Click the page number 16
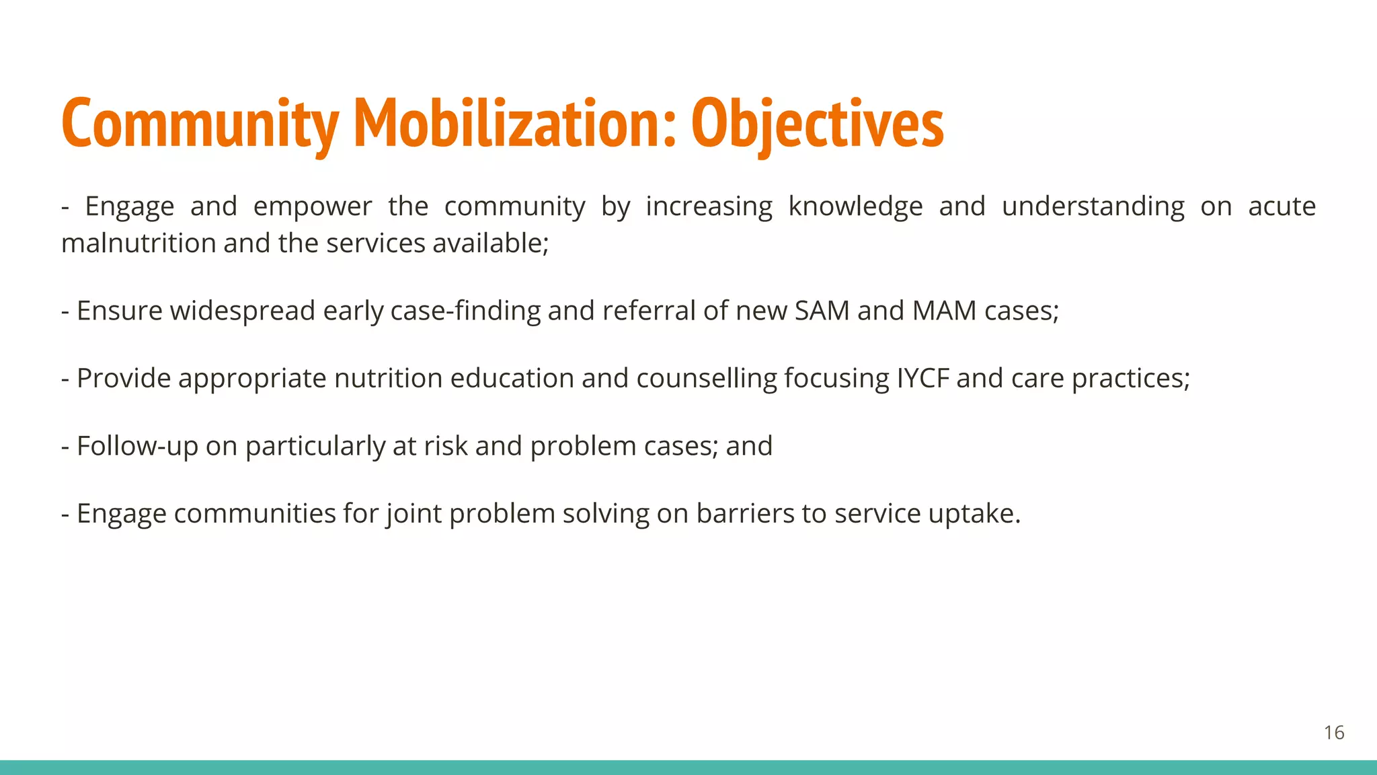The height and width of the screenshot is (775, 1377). coord(1334,733)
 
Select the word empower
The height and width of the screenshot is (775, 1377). coord(312,207)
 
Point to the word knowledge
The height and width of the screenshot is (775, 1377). coord(855,207)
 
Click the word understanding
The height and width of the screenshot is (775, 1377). coord(1093,207)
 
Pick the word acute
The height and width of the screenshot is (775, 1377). coord(1282,207)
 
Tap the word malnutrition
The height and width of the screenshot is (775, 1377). coord(139,243)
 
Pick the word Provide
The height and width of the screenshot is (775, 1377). coord(124,378)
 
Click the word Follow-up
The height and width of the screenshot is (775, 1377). coord(137,446)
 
